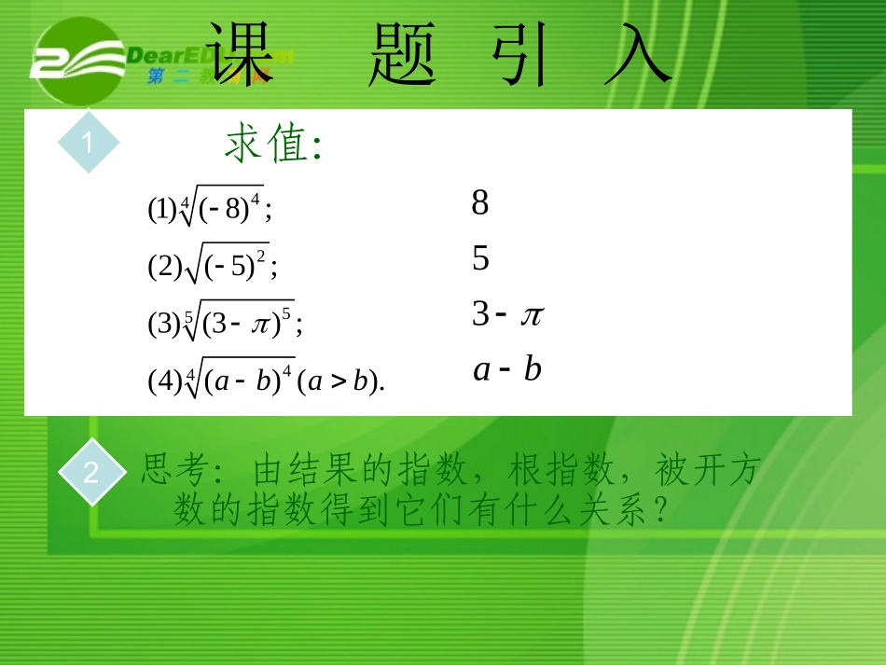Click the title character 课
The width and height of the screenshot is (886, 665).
coord(241,55)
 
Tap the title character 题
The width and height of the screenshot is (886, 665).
coord(403,55)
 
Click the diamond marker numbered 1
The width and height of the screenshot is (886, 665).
coord(89,143)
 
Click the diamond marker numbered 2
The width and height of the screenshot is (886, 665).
coord(90,473)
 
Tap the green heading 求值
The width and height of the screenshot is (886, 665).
coord(272,145)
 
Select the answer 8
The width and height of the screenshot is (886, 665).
coord(480,202)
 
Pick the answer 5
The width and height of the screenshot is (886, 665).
coord(480,258)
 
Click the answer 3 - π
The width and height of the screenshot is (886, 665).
coord(506,314)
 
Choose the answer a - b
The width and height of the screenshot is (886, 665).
coord(507,370)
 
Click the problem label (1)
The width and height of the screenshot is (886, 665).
coord(162,210)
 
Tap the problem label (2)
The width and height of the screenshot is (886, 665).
coord(163,268)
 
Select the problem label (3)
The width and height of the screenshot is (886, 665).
coord(163,324)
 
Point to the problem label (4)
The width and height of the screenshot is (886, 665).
coord(163,381)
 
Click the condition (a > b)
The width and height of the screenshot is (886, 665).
coord(340,381)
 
